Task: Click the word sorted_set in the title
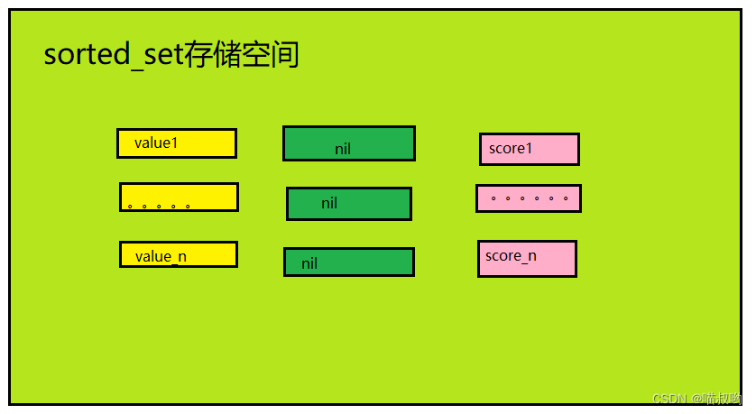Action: [113, 56]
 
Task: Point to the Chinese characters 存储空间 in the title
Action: [241, 55]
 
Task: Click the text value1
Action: [156, 143]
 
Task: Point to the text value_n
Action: [161, 257]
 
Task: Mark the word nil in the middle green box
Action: [329, 204]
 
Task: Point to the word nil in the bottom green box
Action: [309, 264]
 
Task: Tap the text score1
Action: [511, 149]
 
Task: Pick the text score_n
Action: [511, 256]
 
